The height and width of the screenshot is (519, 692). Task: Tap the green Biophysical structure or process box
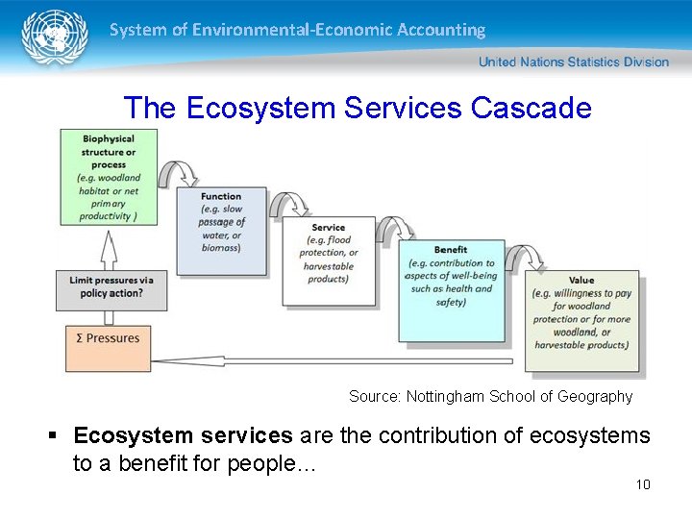[x=108, y=178]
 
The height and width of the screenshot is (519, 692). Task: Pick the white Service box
[x=329, y=259]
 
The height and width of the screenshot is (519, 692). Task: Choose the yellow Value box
[x=581, y=321]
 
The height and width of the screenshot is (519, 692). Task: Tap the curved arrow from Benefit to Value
[x=523, y=257]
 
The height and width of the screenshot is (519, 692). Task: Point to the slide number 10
[x=643, y=483]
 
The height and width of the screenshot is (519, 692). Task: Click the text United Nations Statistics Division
[x=573, y=62]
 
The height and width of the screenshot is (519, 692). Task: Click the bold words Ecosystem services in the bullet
[x=183, y=435]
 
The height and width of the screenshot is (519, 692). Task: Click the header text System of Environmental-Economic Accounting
[x=297, y=30]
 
